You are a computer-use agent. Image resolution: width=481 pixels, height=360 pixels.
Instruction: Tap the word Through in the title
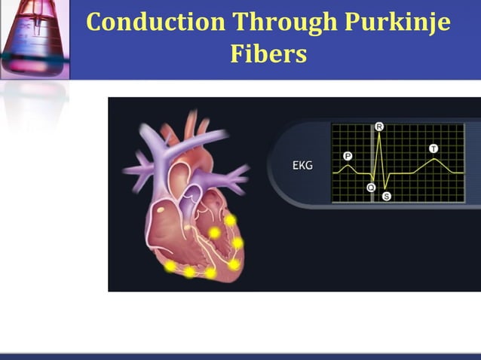coord(278,22)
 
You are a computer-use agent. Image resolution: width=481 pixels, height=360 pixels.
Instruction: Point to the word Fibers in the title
coord(268,53)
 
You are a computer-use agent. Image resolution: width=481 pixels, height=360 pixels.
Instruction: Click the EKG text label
coord(302,166)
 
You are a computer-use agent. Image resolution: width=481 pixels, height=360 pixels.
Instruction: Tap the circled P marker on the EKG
coord(348,156)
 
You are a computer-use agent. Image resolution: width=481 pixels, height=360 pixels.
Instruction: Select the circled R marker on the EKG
coord(379,127)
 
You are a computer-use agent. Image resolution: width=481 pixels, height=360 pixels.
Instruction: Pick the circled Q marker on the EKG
coord(371,188)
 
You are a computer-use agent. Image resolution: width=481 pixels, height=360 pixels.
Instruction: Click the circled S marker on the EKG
coord(387,196)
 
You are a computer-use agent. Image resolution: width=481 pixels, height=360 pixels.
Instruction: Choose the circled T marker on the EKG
coord(434,148)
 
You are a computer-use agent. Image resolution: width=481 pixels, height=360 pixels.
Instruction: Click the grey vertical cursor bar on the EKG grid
coord(373,162)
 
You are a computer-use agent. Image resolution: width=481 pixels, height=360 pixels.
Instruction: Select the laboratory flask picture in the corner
coord(35,38)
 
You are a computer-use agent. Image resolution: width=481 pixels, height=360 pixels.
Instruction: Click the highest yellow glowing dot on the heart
coord(230,220)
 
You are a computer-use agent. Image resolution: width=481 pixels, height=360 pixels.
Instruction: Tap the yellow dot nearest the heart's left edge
coord(171,266)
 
